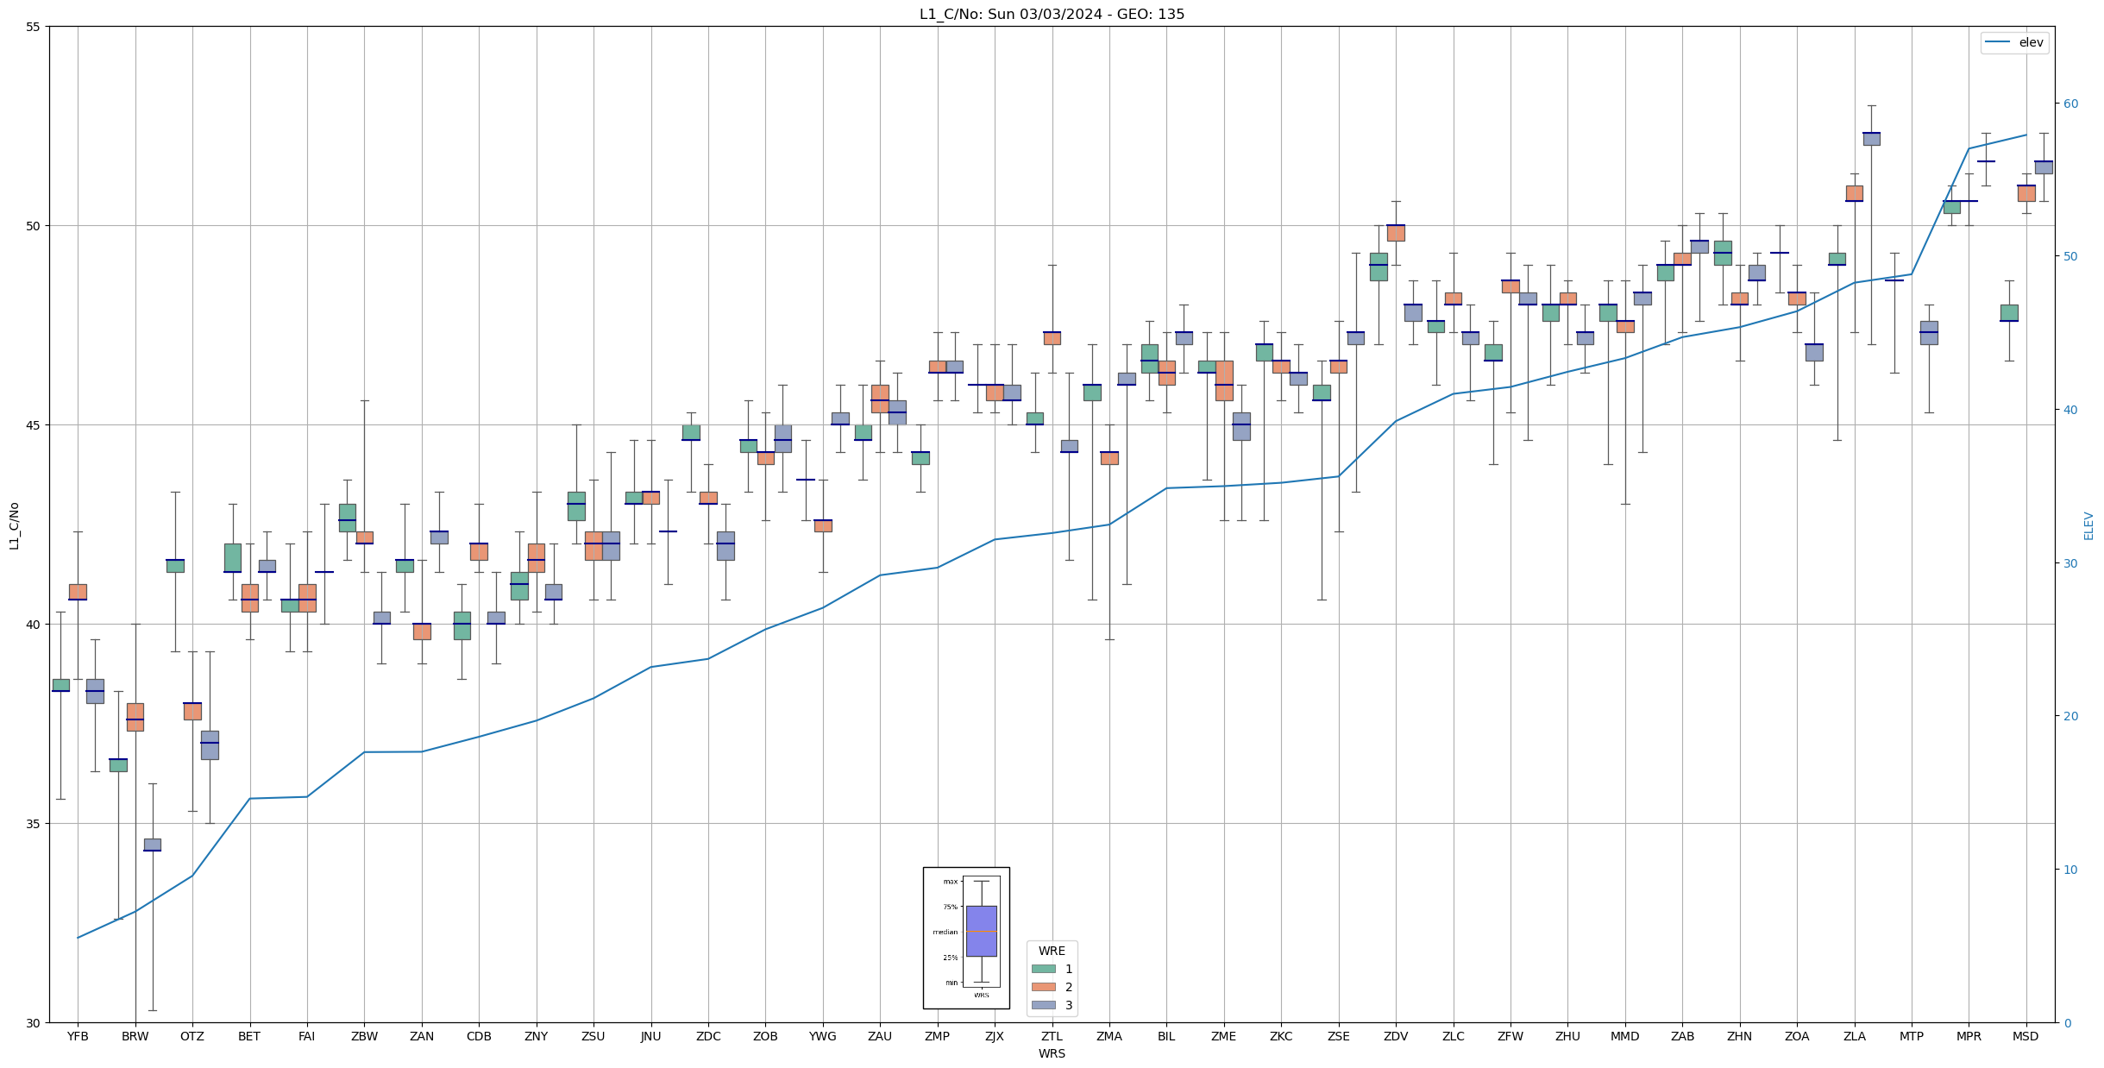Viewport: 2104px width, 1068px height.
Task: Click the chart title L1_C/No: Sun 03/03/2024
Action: pos(1052,14)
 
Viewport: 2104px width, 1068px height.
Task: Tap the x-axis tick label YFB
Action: pos(78,1036)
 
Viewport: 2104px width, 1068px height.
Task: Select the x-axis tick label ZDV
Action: pos(1395,1036)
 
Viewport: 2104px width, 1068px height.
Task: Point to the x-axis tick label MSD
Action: pos(2025,1036)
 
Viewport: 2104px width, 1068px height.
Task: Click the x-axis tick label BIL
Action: pos(1166,1036)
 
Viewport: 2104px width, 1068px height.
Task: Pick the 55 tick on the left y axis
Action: pos(34,27)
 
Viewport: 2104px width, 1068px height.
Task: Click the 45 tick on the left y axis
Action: pos(34,425)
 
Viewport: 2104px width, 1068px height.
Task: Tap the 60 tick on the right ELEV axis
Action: pos(2070,104)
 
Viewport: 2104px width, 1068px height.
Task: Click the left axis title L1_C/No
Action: pos(14,525)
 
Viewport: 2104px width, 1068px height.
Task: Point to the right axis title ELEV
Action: pos(2088,525)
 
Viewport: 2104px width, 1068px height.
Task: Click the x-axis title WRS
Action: pos(1052,1053)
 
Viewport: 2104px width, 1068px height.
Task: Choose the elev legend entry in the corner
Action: pos(2014,42)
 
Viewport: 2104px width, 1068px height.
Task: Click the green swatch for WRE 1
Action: pos(1043,969)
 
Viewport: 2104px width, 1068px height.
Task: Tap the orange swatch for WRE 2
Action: pos(1043,987)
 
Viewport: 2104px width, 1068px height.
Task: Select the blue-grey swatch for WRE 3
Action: pos(1043,1005)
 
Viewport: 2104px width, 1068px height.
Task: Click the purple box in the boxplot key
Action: pos(981,931)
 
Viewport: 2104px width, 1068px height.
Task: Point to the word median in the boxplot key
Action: pos(945,932)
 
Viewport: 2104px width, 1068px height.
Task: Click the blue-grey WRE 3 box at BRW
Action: pos(152,845)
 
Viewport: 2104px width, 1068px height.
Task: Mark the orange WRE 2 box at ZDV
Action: pos(1395,233)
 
